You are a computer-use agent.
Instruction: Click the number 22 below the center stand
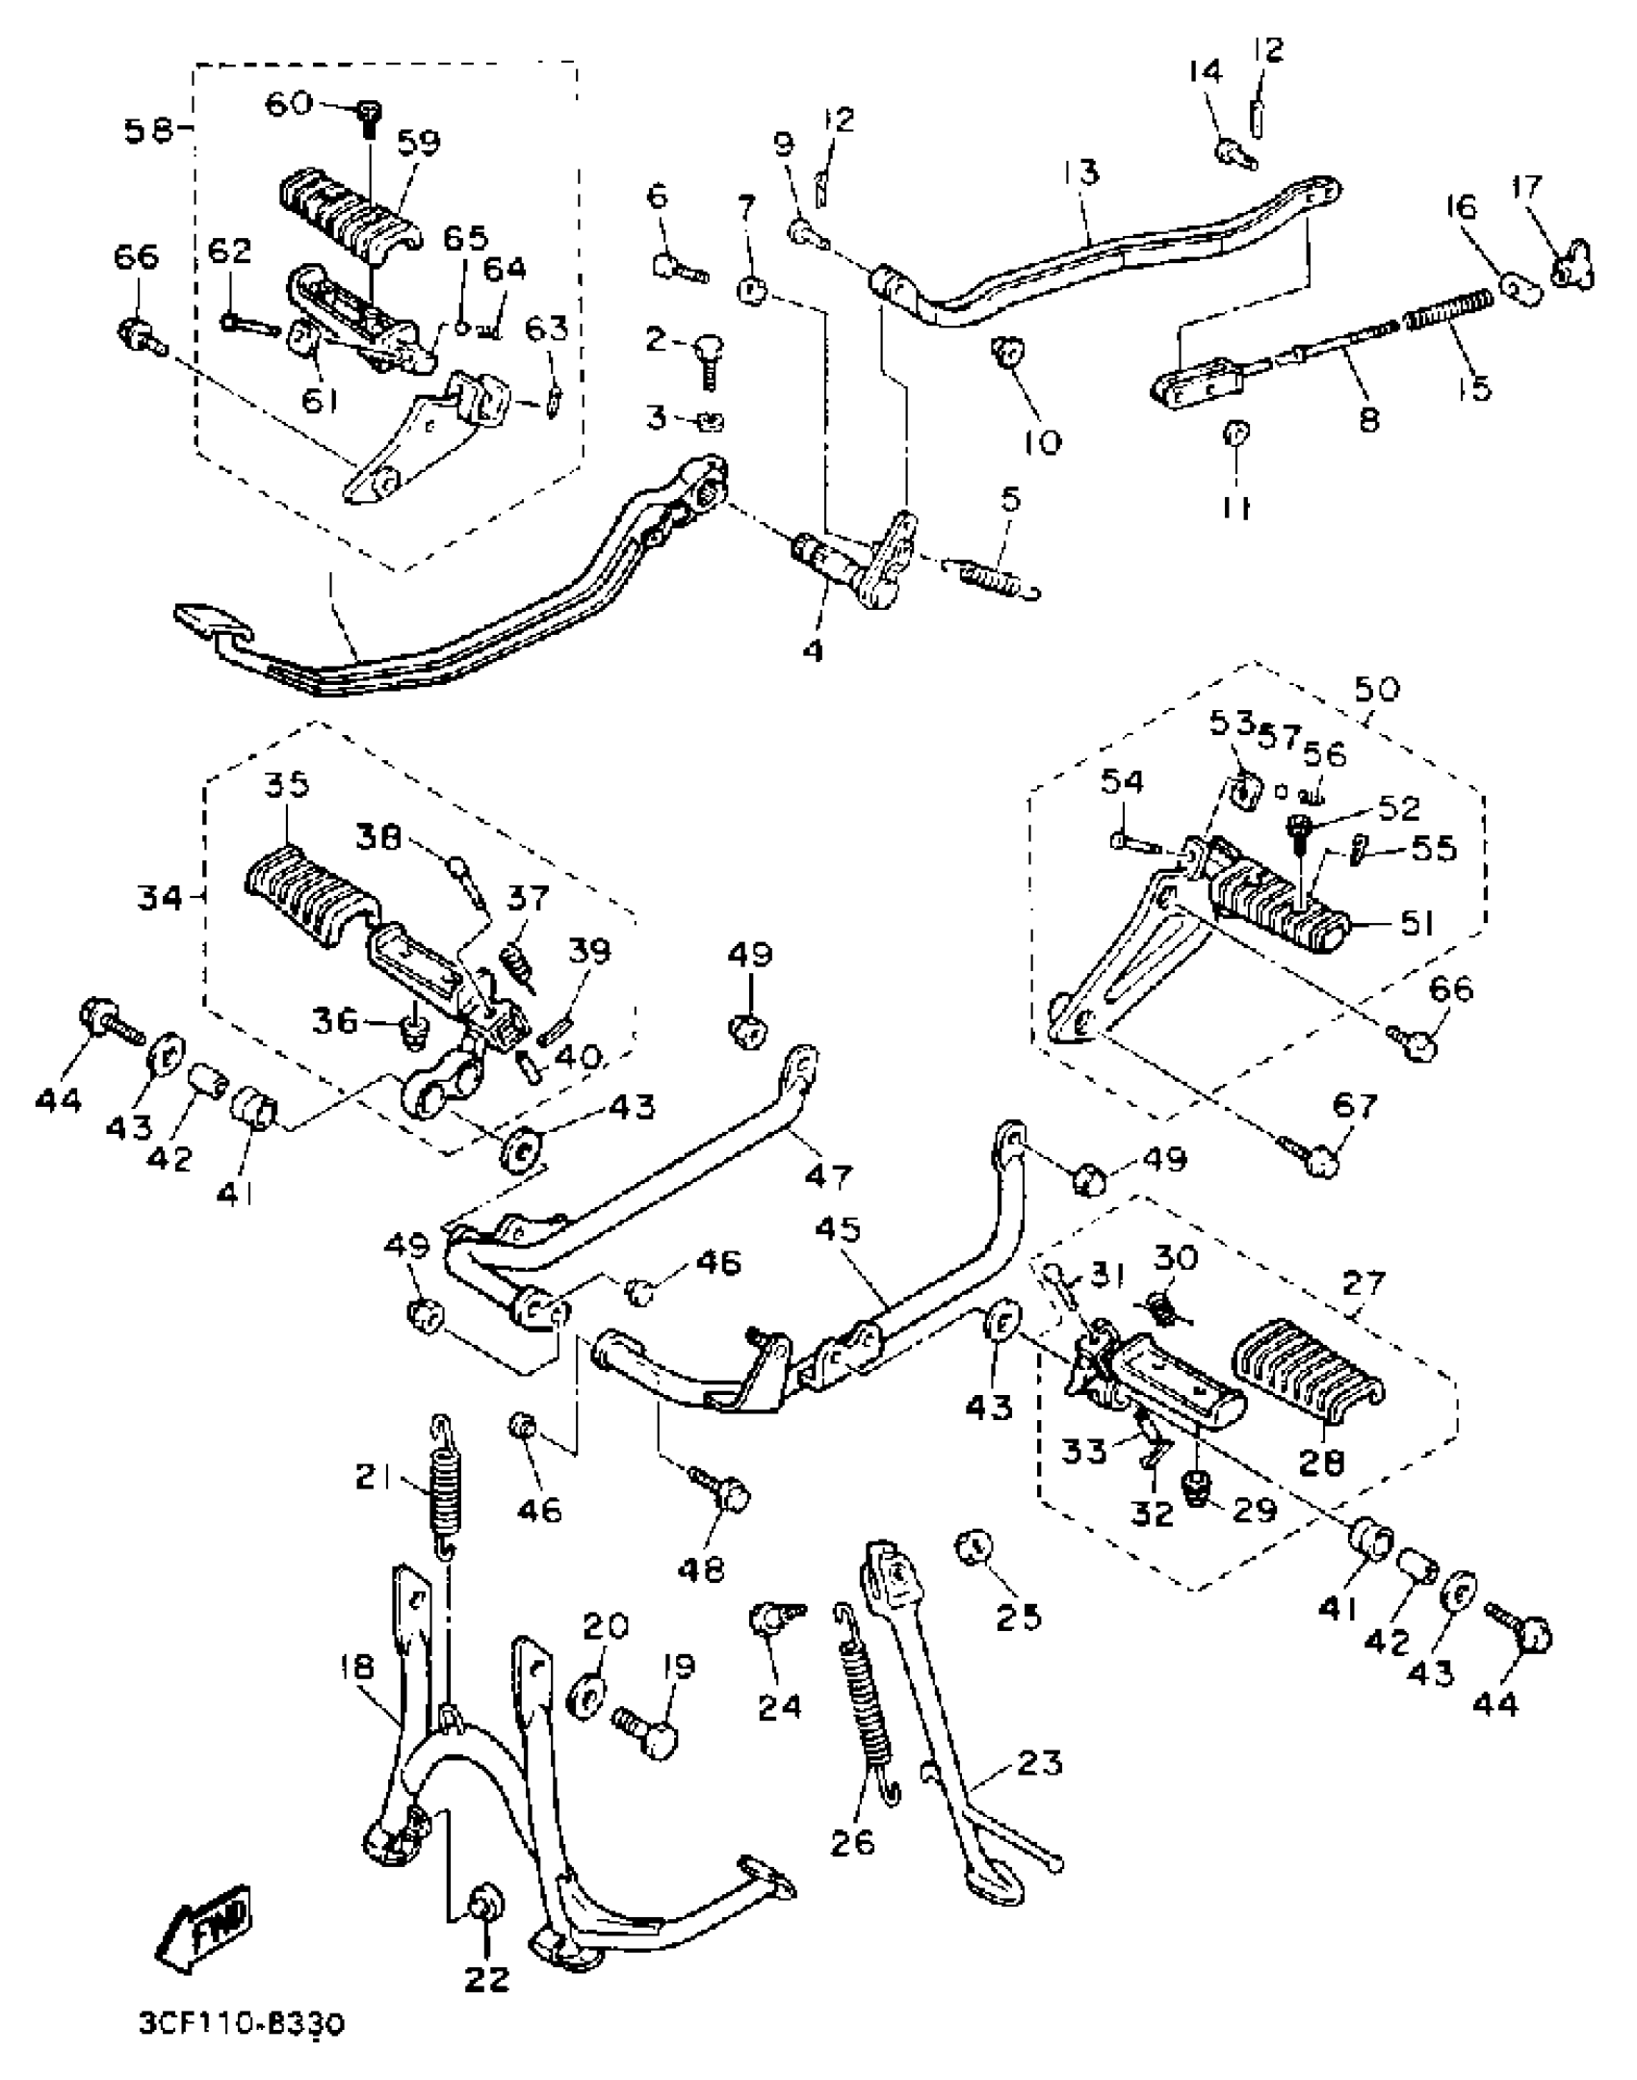click(x=486, y=1979)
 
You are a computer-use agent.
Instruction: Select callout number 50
click(x=1376, y=689)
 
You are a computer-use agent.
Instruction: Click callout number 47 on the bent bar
click(x=828, y=1175)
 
